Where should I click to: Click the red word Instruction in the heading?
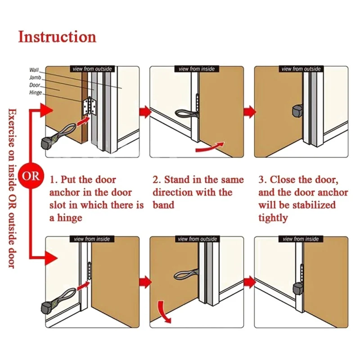57,36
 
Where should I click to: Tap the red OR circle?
32,175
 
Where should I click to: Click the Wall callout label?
34,70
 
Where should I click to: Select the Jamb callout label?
35,77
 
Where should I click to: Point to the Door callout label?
35,85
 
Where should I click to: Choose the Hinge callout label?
36,93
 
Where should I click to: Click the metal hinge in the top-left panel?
89,108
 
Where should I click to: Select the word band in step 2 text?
163,205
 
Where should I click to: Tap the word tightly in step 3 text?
273,218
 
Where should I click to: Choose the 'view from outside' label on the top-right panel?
301,69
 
